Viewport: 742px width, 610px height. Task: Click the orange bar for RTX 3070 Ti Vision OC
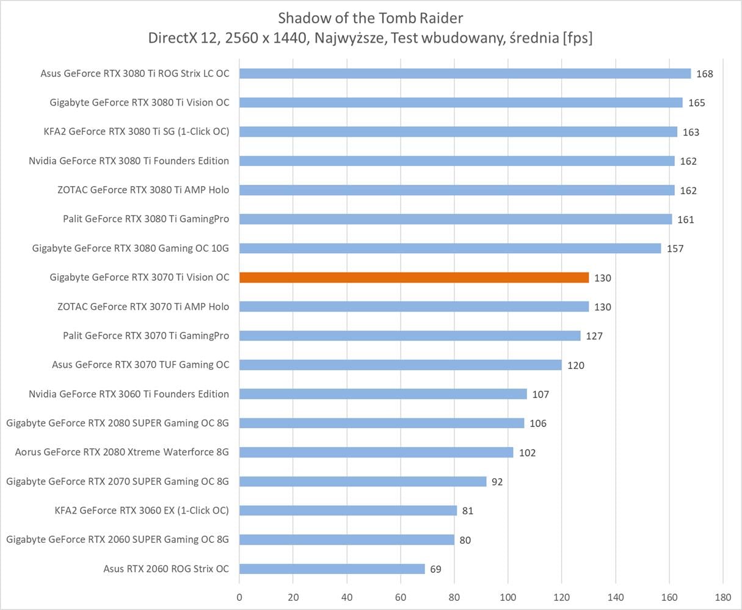click(x=413, y=278)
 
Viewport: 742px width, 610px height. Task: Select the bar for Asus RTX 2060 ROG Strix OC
click(x=332, y=569)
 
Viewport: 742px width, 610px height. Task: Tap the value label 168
click(x=704, y=74)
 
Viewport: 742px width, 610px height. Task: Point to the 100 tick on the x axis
click(x=508, y=597)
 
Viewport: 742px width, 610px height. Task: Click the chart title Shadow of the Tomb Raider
click(x=370, y=17)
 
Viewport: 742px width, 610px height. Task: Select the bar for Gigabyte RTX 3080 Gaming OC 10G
click(x=449, y=248)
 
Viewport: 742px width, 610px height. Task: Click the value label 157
click(x=675, y=248)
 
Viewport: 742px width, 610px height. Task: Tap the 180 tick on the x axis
click(x=722, y=597)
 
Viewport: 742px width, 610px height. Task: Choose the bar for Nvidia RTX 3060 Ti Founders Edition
click(x=382, y=394)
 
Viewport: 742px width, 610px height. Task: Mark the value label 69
click(x=435, y=569)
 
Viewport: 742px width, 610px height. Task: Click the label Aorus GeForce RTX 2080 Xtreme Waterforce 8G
click(x=122, y=452)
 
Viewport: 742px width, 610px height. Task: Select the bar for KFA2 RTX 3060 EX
click(x=347, y=511)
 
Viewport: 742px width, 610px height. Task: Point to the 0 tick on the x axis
click(x=239, y=597)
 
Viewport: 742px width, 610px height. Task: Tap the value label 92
click(x=497, y=482)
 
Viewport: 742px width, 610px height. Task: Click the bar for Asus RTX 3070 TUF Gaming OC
click(x=400, y=365)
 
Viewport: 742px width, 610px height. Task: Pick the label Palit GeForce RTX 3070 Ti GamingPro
click(x=146, y=335)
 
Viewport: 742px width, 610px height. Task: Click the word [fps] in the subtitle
click(x=577, y=38)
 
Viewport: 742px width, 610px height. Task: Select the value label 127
click(x=594, y=335)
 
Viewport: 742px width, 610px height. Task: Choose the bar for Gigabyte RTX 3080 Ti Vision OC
click(x=460, y=102)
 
